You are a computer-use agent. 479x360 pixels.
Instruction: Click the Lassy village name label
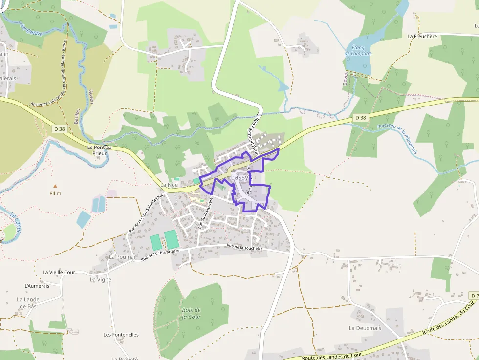point(239,178)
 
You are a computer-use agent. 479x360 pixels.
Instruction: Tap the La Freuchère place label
point(422,36)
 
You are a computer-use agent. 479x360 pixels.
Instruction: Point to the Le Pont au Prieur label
point(99,149)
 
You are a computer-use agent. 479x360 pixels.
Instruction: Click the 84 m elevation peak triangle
point(55,186)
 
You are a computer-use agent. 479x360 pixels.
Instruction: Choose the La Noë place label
point(169,185)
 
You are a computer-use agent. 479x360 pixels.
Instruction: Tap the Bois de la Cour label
point(191,313)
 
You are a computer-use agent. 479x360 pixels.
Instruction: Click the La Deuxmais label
point(365,328)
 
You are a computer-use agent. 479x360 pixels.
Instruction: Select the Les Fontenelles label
point(121,335)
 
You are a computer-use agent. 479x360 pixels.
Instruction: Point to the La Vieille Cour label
point(59,272)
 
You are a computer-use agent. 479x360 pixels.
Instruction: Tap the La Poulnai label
point(122,257)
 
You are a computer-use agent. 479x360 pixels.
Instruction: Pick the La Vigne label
point(101,280)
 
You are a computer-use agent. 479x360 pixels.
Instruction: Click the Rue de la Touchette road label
point(245,248)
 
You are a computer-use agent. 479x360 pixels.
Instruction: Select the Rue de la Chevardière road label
point(160,254)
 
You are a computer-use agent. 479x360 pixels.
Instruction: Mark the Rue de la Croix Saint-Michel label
point(145,213)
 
